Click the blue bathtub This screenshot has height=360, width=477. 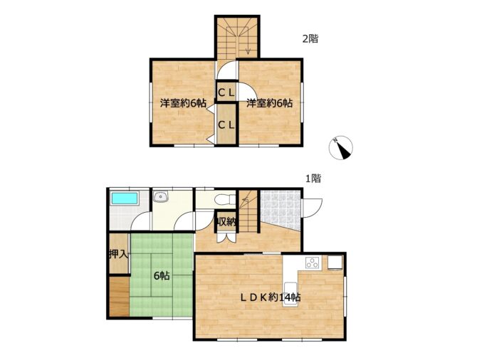125,198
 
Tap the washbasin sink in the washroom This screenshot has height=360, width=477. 160,197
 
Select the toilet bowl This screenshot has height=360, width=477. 224,199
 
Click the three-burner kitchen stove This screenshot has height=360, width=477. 313,263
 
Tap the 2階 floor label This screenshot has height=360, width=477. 310,39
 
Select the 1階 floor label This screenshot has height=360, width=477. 313,178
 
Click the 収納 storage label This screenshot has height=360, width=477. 226,222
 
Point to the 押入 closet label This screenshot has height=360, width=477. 119,254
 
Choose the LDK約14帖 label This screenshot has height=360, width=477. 271,297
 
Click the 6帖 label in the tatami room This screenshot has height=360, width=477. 162,276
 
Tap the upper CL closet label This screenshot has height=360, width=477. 226,92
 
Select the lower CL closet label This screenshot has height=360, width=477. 226,125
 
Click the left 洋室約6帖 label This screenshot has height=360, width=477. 183,103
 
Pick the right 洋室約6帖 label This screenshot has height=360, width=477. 270,103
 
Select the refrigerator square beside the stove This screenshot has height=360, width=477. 335,263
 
